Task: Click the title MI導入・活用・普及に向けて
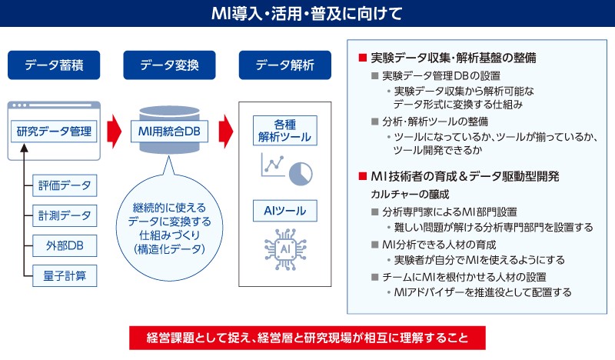click(x=307, y=13)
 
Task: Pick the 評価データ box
click(x=65, y=185)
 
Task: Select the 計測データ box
click(x=65, y=215)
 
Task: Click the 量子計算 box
click(x=65, y=275)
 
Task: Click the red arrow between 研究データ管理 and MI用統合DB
click(x=114, y=131)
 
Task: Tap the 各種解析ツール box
click(x=284, y=132)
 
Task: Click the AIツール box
click(x=284, y=209)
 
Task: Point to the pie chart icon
click(x=301, y=168)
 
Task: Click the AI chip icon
click(x=284, y=248)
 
